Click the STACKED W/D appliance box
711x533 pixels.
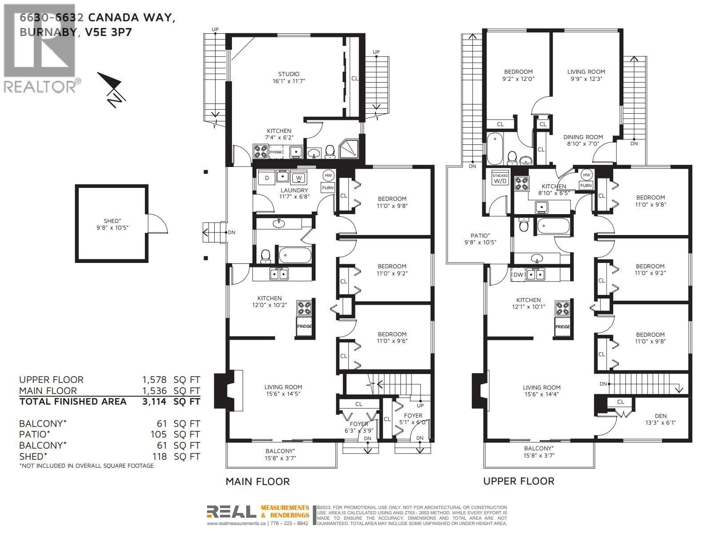pyautogui.click(x=500, y=179)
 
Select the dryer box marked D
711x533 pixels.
pyautogui.click(x=267, y=178)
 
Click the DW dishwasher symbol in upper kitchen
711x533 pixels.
pyautogui.click(x=518, y=275)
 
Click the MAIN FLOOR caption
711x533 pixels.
pyautogui.click(x=257, y=481)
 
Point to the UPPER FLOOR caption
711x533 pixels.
pyautogui.click(x=519, y=481)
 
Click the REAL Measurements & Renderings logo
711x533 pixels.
pyautogui.click(x=258, y=512)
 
